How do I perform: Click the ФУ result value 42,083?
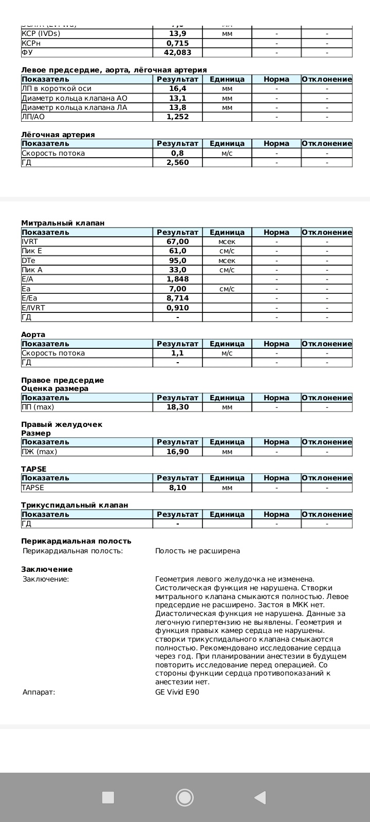tap(177, 52)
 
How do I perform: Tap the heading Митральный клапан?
tap(63, 223)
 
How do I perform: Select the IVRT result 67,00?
tap(177, 241)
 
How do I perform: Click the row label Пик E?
tap(32, 251)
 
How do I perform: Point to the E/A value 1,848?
tap(177, 279)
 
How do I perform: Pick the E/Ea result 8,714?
tap(177, 298)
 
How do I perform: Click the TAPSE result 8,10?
tap(177, 488)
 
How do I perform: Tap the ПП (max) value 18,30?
tap(177, 407)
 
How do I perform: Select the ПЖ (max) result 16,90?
tap(177, 452)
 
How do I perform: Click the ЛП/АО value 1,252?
tap(177, 117)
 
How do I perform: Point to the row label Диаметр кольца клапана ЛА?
tap(74, 107)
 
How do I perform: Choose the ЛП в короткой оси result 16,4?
tap(177, 88)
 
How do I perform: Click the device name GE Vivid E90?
tap(177, 692)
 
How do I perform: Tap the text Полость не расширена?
tap(197, 551)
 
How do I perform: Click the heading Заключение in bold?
tap(47, 569)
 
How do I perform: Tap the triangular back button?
tap(260, 797)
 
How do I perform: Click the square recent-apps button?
tap(108, 797)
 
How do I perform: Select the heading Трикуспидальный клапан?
tap(75, 505)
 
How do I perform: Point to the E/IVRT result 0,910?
tap(177, 308)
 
